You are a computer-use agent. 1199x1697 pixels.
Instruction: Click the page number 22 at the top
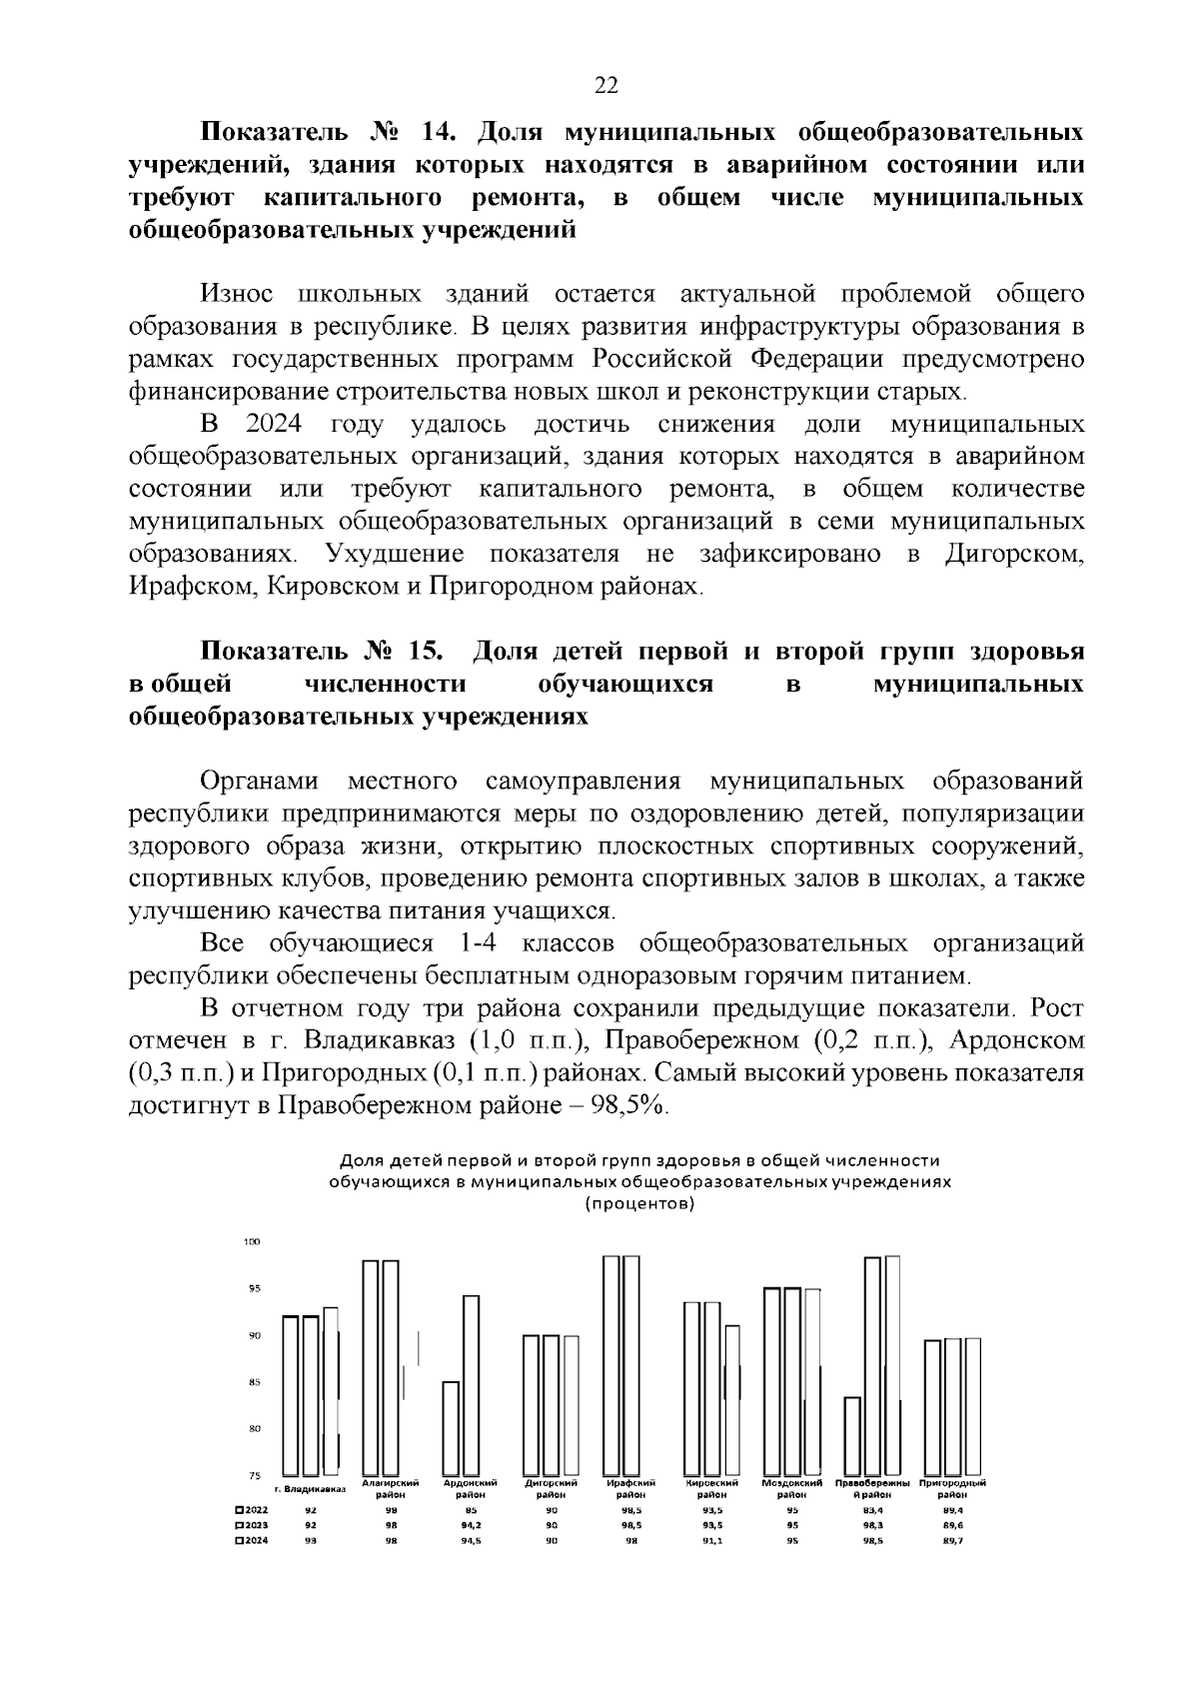606,85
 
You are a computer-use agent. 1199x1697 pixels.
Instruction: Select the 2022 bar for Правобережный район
852,1435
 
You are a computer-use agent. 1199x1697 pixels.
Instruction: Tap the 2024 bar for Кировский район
732,1400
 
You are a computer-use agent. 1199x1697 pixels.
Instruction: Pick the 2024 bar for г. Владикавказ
331,1390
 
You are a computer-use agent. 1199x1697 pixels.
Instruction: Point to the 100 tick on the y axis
252,1242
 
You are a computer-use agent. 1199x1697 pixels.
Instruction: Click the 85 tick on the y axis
254,1382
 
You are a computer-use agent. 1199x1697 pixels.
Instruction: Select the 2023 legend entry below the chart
251,1526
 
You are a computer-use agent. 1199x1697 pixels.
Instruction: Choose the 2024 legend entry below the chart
251,1541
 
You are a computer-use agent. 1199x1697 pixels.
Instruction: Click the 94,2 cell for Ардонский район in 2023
471,1526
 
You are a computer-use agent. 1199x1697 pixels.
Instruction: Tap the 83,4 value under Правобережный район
872,1511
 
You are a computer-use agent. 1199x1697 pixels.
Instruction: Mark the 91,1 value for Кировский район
711,1541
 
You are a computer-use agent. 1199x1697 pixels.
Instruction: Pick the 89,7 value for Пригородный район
953,1541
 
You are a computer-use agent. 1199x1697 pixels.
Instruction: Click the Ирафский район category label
631,1488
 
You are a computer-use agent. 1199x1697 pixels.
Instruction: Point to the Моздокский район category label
792,1488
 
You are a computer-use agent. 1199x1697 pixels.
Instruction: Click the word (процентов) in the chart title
639,1203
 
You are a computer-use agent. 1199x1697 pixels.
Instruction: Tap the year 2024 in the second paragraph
273,425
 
